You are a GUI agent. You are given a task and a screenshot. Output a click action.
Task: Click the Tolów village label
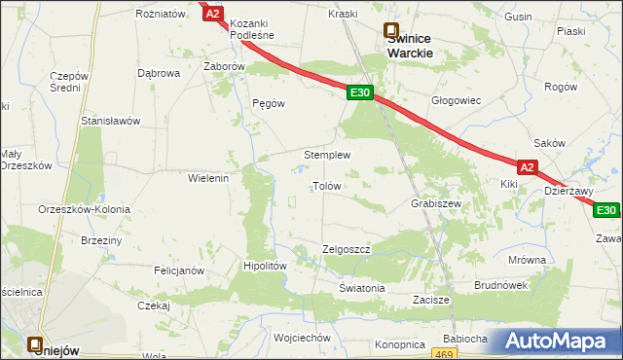325,185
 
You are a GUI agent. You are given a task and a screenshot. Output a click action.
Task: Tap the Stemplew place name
327,155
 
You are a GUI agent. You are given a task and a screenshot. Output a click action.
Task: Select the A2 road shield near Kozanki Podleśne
214,14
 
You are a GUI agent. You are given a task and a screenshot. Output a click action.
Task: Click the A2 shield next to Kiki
528,167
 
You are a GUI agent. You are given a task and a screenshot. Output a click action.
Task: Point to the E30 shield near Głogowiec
359,92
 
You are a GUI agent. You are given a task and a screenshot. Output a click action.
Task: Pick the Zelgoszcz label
347,249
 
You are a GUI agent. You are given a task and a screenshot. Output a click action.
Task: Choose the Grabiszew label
435,204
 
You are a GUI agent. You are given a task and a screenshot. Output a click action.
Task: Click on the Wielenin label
207,178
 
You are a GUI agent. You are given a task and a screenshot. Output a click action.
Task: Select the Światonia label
362,289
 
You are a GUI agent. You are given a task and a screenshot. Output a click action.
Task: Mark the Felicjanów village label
177,270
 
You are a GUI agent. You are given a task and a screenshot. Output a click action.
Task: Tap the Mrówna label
527,260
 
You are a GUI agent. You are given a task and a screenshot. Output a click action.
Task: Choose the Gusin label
519,18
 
